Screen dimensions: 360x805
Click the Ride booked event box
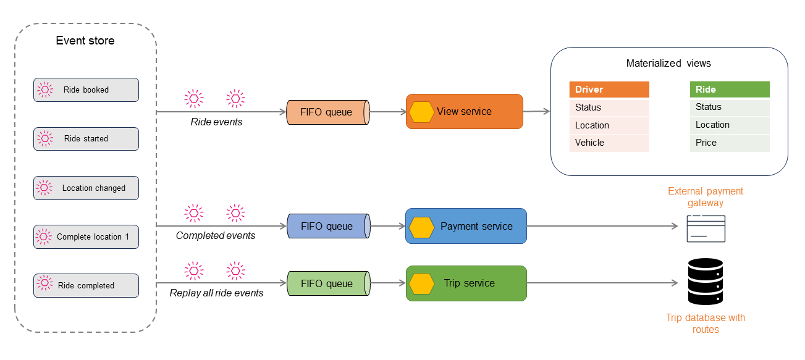pyautogui.click(x=86, y=90)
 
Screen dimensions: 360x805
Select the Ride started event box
pyautogui.click(x=86, y=139)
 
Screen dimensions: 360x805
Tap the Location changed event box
pyautogui.click(x=86, y=188)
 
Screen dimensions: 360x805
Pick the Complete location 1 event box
pyautogui.click(x=86, y=237)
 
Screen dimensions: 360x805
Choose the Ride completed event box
pyautogui.click(x=86, y=285)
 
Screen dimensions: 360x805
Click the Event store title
pyautogui.click(x=85, y=41)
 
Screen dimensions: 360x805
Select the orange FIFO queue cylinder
pyautogui.click(x=327, y=112)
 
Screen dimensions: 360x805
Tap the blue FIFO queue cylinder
pyautogui.click(x=327, y=226)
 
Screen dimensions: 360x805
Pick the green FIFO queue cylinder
pyautogui.click(x=327, y=283)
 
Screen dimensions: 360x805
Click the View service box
pyautogui.click(x=465, y=112)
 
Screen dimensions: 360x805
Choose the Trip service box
pyautogui.click(x=466, y=283)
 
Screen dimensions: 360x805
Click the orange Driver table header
pyautogui.click(x=609, y=90)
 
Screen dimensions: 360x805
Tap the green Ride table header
pyautogui.click(x=729, y=90)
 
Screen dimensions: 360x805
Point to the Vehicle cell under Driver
pyautogui.click(x=609, y=143)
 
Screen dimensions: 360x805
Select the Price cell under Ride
pyautogui.click(x=729, y=143)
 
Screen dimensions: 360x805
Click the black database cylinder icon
pyautogui.click(x=706, y=282)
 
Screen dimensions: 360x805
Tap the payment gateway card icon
pyautogui.click(x=706, y=228)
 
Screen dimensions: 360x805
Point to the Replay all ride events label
pyautogui.click(x=216, y=293)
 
